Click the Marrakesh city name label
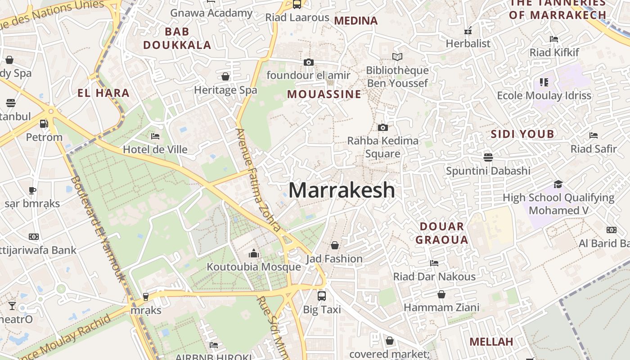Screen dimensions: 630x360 pos(342,190)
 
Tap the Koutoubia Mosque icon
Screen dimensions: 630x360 pos(254,254)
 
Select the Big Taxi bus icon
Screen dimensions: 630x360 pos(321,296)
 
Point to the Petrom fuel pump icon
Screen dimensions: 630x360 pos(44,123)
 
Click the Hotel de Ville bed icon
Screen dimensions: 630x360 pos(155,136)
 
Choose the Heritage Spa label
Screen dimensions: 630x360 pos(225,90)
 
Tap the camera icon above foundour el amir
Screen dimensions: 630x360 pos(308,62)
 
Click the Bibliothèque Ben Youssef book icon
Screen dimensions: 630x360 pos(397,57)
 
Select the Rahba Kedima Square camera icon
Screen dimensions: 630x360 pos(382,127)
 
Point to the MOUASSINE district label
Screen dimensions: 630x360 pos(324,94)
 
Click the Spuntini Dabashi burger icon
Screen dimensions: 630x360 pos(488,157)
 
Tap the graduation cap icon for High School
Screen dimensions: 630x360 pos(558,184)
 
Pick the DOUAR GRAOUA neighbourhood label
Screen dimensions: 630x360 pos(441,233)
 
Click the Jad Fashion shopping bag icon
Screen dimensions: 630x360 pos(334,245)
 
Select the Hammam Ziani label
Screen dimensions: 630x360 pos(441,308)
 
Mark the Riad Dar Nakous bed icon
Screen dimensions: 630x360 pos(434,263)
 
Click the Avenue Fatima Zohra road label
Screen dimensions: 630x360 pos(259,180)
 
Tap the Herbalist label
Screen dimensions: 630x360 pos(468,44)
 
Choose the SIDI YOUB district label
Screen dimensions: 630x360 pos(522,134)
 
